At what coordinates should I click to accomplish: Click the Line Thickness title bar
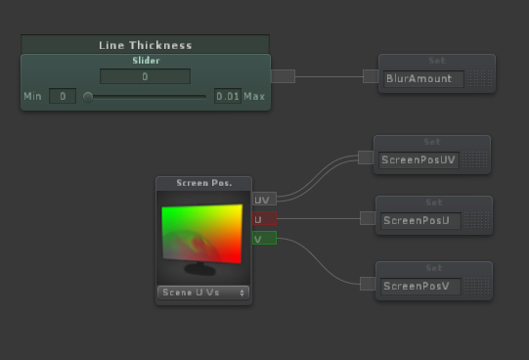pos(145,45)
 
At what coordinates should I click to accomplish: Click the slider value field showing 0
pos(145,76)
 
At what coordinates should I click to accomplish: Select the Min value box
pos(62,96)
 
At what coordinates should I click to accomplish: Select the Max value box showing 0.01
pos(227,96)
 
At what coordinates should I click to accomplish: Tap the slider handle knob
pos(88,97)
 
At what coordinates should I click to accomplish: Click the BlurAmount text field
pos(421,77)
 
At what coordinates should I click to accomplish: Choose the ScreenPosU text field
pos(419,220)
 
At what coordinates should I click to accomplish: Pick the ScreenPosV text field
pos(419,285)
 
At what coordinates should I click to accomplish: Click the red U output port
pos(264,219)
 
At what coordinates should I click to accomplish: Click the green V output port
pos(264,238)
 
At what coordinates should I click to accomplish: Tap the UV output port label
pos(263,200)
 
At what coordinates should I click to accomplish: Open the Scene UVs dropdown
pos(203,292)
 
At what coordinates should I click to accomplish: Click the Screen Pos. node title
pos(203,183)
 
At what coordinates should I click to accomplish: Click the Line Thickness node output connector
pos(283,76)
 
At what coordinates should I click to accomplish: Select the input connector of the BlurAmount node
pos(370,76)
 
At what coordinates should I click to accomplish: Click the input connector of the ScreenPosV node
pos(368,284)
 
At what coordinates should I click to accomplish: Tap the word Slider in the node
pos(145,61)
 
